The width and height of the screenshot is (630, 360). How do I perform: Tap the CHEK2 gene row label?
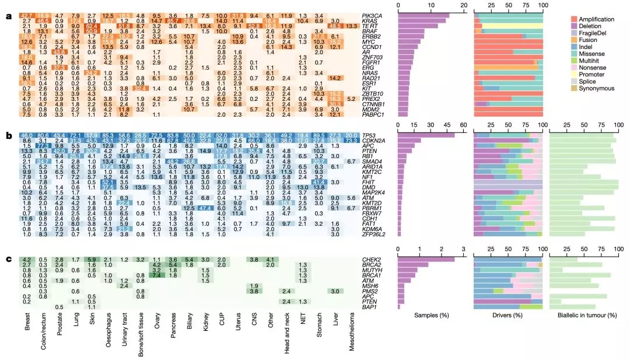coord(373,259)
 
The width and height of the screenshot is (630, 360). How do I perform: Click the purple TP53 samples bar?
coord(426,135)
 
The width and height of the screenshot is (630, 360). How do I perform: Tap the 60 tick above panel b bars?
coord(463,125)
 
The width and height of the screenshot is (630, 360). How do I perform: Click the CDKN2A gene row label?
coord(375,141)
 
